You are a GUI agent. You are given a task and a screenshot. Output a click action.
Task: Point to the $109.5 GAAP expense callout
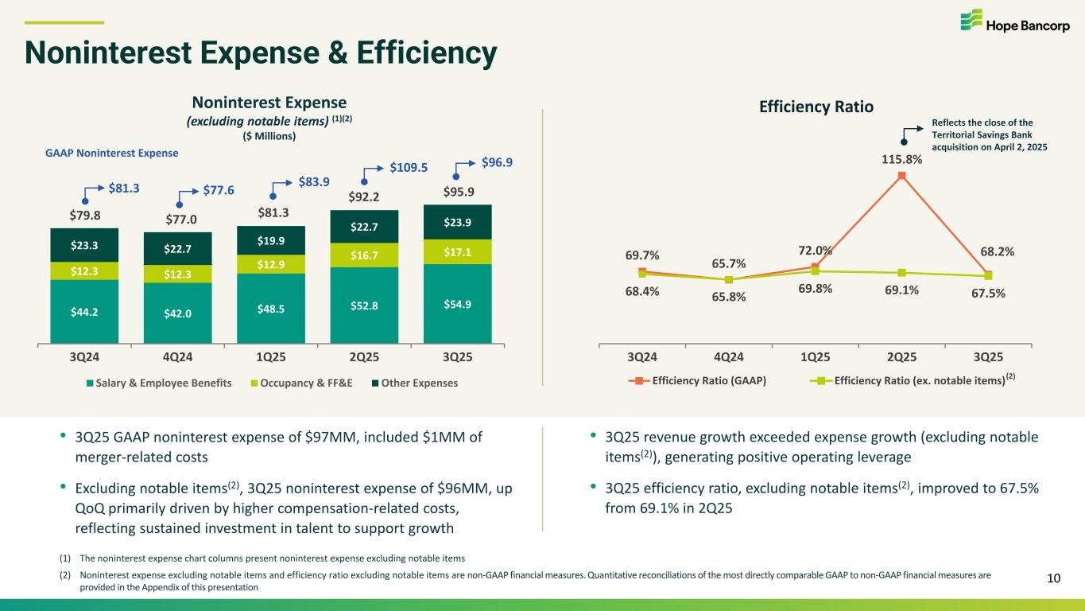pyautogui.click(x=409, y=168)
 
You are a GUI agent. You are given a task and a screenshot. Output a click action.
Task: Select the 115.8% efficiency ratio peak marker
pyautogui.click(x=901, y=176)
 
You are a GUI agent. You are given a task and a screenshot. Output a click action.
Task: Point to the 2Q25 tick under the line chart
pyautogui.click(x=901, y=356)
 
